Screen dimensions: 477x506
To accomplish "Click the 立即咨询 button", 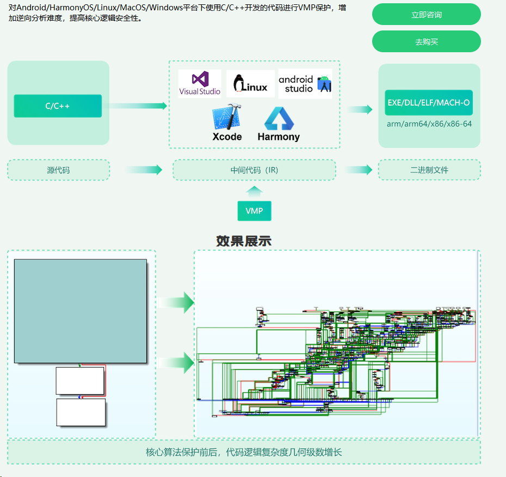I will coord(426,15).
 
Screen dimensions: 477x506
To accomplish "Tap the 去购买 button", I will coord(426,42).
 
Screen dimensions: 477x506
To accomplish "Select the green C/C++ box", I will coord(58,106).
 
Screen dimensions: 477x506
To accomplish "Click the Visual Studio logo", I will coord(200,84).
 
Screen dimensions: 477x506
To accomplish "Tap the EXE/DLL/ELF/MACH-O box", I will coord(429,103).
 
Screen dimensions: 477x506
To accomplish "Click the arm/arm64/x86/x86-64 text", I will coord(429,124).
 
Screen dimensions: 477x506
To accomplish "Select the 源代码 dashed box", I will coord(58,170).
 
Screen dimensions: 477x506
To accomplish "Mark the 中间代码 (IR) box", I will coord(254,170).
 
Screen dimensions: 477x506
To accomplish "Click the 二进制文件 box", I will coord(429,170).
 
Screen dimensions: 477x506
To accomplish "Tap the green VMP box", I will coord(254,211).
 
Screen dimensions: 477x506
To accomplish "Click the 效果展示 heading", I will coord(243,241).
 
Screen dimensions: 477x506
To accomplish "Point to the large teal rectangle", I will coord(81,311).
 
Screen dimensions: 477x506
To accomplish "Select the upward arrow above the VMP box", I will coord(254,191).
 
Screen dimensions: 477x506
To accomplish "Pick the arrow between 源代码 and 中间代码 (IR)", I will coord(144,170).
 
